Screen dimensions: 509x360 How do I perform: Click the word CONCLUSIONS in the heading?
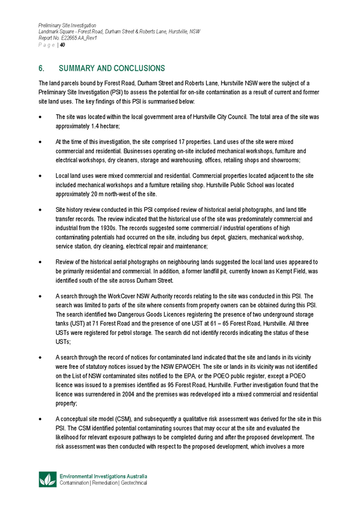(x=137, y=68)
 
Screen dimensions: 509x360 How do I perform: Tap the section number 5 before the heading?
(x=40, y=68)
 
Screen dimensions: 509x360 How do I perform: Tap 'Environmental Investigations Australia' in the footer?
(x=103, y=477)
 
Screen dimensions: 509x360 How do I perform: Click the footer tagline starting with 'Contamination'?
(x=103, y=484)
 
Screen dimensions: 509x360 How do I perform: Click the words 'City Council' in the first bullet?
(x=231, y=116)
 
